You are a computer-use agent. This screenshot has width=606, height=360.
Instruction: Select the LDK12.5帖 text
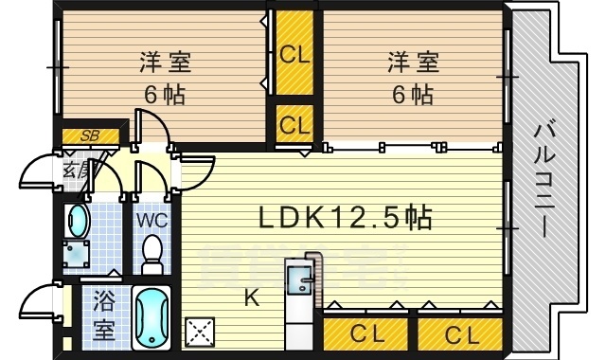[345, 219]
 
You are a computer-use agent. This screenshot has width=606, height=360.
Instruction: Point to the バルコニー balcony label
[546, 180]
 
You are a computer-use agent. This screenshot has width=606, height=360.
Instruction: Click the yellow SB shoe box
[90, 135]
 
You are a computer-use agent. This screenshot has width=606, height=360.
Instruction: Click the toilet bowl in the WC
[151, 253]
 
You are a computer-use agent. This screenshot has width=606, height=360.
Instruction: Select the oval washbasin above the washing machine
[76, 223]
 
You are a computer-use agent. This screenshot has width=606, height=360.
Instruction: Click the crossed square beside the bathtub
[201, 333]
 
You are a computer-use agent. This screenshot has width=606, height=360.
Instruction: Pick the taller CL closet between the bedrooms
[294, 54]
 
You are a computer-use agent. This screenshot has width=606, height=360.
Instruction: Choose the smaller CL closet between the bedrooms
[294, 124]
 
